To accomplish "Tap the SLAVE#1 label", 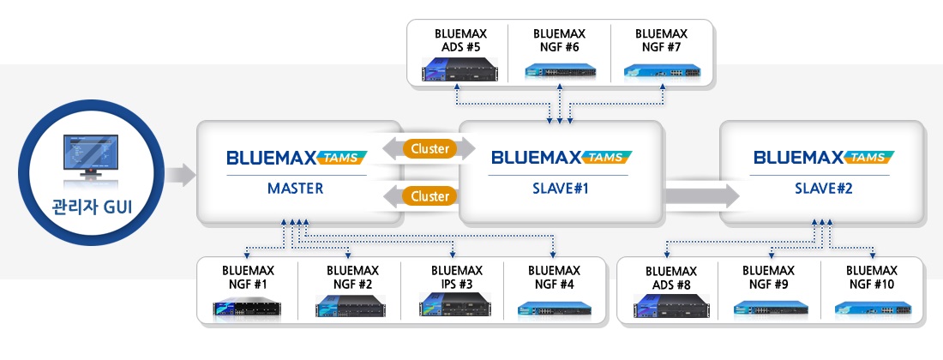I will point(558,189).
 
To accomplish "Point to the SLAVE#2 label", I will point(820,189).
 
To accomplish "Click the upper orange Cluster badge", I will point(429,148).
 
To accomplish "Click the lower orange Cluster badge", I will point(429,196).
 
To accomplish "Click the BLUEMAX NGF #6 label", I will point(559,40).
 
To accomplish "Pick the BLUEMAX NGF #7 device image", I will point(661,72).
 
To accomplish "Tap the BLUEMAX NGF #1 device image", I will point(248,306).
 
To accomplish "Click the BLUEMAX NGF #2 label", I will point(350,277).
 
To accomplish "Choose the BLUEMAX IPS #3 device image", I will point(452,305).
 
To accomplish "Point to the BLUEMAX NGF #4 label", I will point(555,277).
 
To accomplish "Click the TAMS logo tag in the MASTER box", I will point(342,157).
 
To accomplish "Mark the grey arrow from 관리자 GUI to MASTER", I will point(181,176).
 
